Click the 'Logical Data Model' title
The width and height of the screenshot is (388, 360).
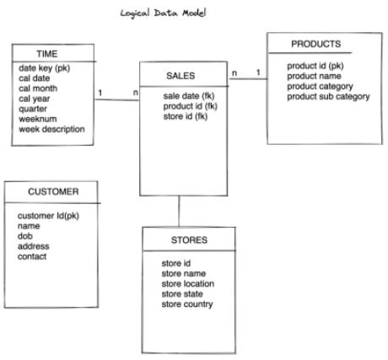point(163,13)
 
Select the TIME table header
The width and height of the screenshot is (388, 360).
point(47,54)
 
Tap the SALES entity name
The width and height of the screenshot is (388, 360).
point(181,76)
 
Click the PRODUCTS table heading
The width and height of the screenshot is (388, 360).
point(315,44)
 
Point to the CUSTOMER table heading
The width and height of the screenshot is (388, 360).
point(53,191)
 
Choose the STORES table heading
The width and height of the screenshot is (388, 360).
point(189,240)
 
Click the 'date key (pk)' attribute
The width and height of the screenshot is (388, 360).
point(45,68)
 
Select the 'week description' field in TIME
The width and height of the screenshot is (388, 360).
point(51,129)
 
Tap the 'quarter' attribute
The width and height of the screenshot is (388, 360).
point(33,109)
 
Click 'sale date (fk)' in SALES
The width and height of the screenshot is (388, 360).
point(189,96)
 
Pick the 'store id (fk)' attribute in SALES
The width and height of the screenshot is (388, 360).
point(186,116)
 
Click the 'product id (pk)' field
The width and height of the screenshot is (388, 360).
point(315,66)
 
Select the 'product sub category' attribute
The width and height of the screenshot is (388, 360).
point(328,97)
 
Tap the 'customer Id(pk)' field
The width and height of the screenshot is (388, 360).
point(48,216)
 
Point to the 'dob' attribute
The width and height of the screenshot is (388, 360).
point(25,236)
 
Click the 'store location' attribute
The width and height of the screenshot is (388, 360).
point(188,284)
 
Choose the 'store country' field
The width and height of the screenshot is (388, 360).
point(187,304)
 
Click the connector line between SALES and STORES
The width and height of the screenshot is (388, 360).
point(179,212)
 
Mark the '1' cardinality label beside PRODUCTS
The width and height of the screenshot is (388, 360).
point(258,73)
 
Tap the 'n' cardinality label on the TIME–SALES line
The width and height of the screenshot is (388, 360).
point(136,93)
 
